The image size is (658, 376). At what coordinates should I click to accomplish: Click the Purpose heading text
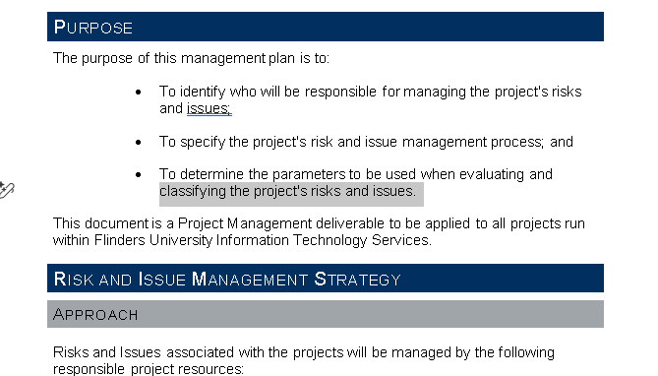(93, 28)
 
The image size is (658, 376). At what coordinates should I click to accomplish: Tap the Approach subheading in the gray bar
(95, 315)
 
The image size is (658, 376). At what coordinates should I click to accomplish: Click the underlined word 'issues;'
(209, 108)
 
